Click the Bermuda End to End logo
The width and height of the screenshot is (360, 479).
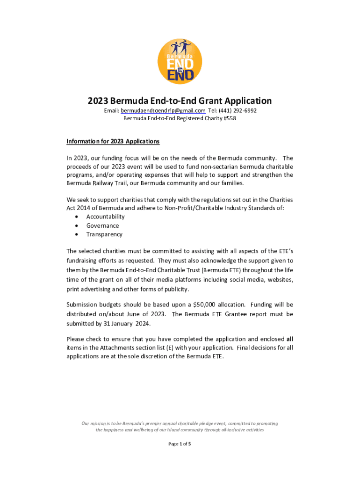click(x=180, y=61)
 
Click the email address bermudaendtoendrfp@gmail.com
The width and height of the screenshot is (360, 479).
click(x=163, y=110)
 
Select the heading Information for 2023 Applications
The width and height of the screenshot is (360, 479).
click(x=113, y=141)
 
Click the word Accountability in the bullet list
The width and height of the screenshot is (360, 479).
click(x=105, y=217)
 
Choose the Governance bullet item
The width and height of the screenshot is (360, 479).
click(x=102, y=225)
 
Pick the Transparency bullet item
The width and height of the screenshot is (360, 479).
click(x=104, y=234)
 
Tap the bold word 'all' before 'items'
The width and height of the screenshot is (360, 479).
click(x=289, y=339)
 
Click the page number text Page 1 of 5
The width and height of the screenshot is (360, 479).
click(x=180, y=444)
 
